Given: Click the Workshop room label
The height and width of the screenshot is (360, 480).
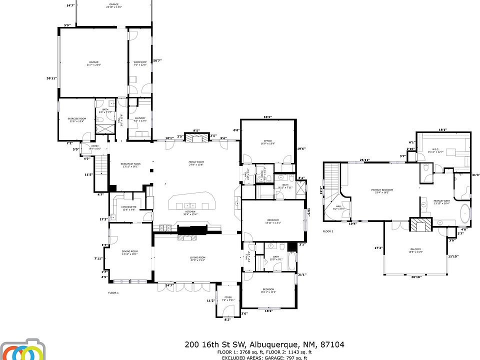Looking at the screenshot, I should pos(139,62).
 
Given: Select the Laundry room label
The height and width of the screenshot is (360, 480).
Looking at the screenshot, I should pos(140,118).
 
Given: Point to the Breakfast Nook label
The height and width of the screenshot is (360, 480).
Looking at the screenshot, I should pos(130,164).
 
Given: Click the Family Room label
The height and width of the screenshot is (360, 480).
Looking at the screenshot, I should pos(196,162).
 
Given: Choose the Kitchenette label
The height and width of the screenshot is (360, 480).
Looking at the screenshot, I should pos(128,207).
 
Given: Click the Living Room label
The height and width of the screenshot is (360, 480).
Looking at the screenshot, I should pos(197,258).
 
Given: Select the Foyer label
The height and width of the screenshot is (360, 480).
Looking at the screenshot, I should pos(228,297).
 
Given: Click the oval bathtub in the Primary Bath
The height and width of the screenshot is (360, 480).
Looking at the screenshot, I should pos(463,212).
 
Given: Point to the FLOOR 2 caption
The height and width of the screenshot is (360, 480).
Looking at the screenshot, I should pos(327,231).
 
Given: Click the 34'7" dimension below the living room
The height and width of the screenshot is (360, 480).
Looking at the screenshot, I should pos(169,285).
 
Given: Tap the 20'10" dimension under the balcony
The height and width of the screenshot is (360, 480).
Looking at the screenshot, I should pos(415,277).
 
